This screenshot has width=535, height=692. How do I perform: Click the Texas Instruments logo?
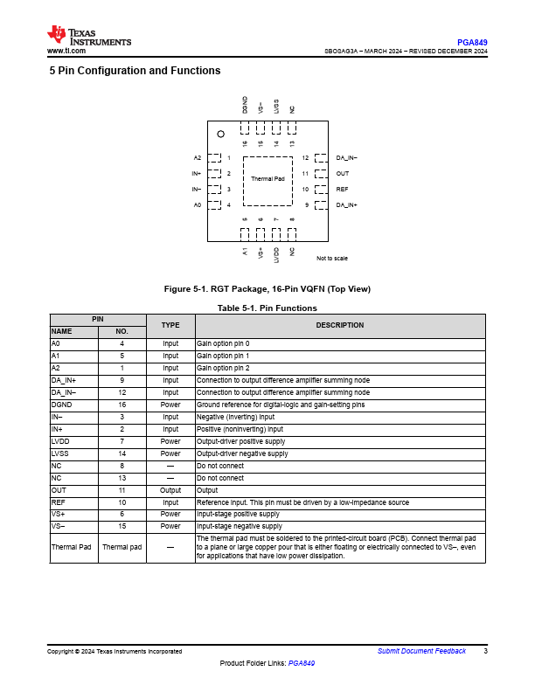click(x=89, y=36)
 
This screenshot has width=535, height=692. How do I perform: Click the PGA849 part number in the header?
click(x=472, y=42)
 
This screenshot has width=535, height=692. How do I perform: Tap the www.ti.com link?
click(x=66, y=52)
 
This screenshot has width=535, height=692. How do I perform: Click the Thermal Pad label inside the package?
click(x=267, y=178)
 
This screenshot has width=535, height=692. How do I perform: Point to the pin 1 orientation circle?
click(x=221, y=134)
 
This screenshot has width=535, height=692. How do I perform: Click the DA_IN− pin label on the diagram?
click(x=347, y=158)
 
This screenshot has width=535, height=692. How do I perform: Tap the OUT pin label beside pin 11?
click(x=343, y=174)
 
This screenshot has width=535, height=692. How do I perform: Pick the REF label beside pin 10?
click(x=342, y=190)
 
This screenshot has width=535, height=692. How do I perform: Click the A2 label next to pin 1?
click(x=198, y=158)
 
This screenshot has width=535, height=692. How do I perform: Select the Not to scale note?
click(x=332, y=259)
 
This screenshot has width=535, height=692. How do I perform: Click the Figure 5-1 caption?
click(x=267, y=289)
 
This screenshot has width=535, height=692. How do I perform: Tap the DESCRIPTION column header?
click(x=339, y=326)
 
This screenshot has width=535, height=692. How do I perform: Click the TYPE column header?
click(x=170, y=326)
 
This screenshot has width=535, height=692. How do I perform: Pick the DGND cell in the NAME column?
click(x=61, y=405)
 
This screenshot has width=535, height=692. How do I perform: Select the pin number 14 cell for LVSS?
click(x=122, y=453)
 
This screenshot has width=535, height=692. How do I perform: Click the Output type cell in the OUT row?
click(x=170, y=490)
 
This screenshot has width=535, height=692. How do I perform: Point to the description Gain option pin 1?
click(x=223, y=356)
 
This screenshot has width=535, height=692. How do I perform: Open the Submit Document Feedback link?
click(x=421, y=651)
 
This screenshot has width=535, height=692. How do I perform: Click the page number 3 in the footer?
click(x=485, y=651)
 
